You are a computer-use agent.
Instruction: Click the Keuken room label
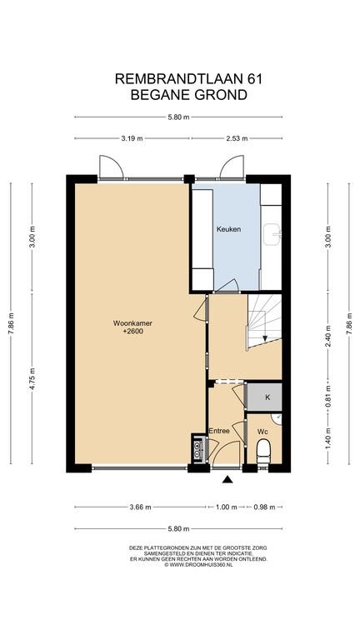coord(228,229)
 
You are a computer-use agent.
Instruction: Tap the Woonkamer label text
coord(132,323)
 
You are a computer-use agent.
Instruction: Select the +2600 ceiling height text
coord(133,332)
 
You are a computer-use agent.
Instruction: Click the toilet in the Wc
coord(263,451)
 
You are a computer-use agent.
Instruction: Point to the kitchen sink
coord(272,234)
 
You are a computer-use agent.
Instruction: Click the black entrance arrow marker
coord(227,480)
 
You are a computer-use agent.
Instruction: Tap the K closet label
coord(267,397)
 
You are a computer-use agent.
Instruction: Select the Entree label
coord(219,431)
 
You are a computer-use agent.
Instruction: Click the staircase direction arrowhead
coord(265,338)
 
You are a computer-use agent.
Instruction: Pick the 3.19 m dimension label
coord(132,138)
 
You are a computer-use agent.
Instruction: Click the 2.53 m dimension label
coord(237,138)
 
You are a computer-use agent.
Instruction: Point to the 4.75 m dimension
coord(32,379)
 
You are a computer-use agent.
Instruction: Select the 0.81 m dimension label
coord(328,397)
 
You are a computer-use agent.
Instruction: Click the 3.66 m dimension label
coord(140,507)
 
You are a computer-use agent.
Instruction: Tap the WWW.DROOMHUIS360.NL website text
coord(201,565)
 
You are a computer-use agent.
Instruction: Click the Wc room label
coord(262,431)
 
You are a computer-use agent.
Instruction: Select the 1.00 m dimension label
coord(226,507)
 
